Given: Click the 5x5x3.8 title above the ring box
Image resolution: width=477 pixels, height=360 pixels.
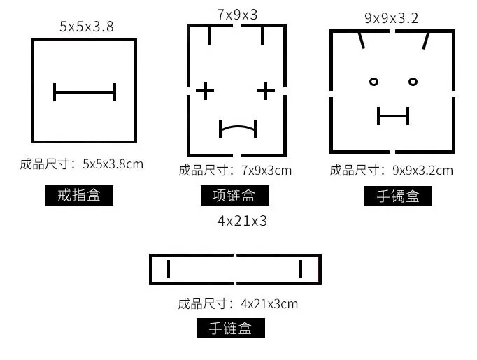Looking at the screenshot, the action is (x=87, y=27).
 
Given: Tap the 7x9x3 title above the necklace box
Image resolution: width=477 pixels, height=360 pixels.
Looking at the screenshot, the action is (x=237, y=13).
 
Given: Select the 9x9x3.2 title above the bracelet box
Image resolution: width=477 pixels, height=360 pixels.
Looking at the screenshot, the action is (x=391, y=17).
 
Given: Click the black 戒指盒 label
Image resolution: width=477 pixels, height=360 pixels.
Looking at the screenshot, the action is (x=78, y=195).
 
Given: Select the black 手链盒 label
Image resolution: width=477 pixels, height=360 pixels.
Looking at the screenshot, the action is (x=230, y=328).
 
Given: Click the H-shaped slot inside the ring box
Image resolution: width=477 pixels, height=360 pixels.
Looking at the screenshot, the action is (x=85, y=92).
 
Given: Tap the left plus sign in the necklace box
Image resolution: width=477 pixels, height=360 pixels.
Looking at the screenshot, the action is (x=205, y=91).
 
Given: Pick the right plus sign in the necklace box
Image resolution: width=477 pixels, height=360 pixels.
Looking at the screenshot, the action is (x=265, y=91).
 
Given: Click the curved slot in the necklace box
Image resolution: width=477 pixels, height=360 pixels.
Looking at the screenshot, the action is (x=238, y=128).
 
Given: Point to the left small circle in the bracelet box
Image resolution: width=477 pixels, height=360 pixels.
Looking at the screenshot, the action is (x=373, y=82).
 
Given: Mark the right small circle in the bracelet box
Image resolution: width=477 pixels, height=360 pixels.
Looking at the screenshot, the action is (x=413, y=82).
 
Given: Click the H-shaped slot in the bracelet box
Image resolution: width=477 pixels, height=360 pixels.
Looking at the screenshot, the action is (x=392, y=116).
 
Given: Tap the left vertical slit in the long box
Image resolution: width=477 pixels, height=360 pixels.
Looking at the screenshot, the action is (x=169, y=269).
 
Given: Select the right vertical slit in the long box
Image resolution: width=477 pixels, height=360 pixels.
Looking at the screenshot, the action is (x=301, y=269).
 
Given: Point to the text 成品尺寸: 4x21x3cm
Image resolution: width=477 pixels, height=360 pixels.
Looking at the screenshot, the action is (x=238, y=304).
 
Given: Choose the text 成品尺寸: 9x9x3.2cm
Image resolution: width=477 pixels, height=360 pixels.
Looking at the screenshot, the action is (x=391, y=170).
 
